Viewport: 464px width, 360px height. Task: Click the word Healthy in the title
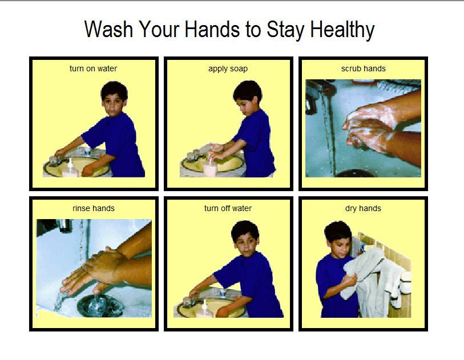pyautogui.click(x=342, y=30)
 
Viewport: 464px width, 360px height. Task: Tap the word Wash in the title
pyautogui.click(x=109, y=29)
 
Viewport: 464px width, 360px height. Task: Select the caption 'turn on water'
pyautogui.click(x=93, y=68)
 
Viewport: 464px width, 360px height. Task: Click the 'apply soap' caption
pyautogui.click(x=228, y=69)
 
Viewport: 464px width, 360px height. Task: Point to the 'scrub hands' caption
pyautogui.click(x=364, y=68)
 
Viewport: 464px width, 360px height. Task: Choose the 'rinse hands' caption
pyautogui.click(x=94, y=208)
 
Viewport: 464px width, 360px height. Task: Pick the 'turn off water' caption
pyautogui.click(x=228, y=208)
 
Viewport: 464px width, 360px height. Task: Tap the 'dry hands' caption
pyautogui.click(x=363, y=209)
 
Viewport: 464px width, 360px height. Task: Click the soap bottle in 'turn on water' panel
pyautogui.click(x=70, y=169)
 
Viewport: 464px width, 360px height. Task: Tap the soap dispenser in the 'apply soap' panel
pyautogui.click(x=210, y=167)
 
